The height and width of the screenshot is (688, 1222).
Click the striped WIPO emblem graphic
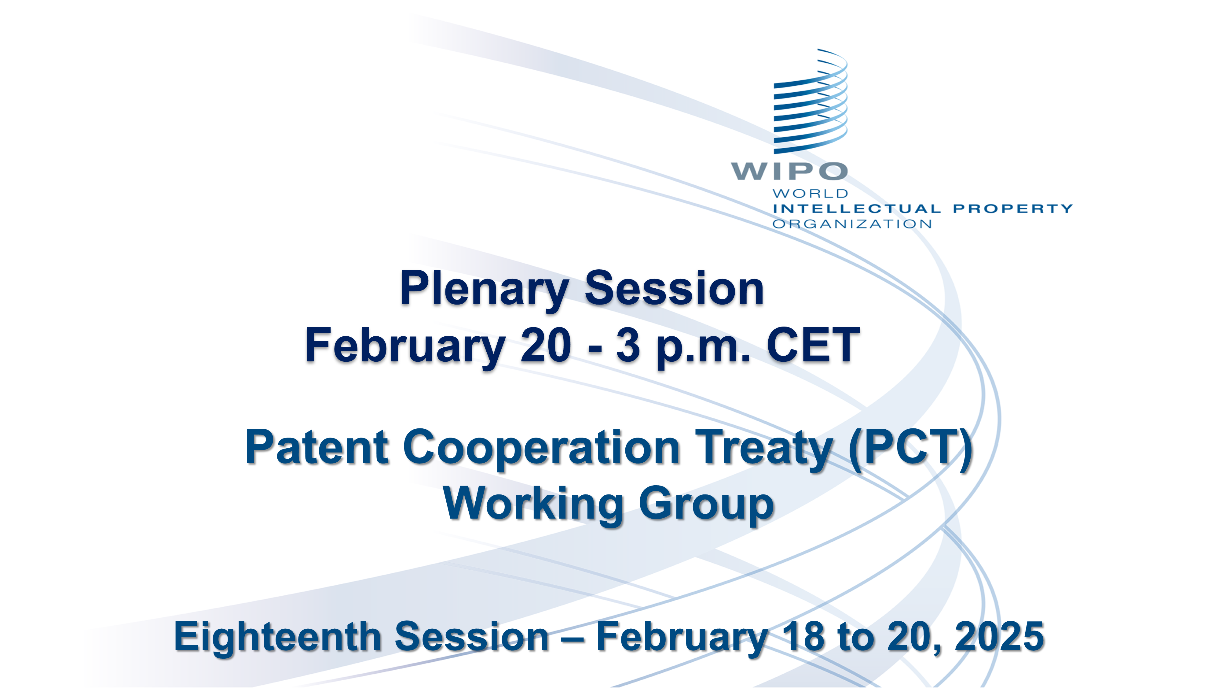(810, 102)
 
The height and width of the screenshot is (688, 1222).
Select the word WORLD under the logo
(810, 194)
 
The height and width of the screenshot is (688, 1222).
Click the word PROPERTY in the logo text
(1013, 209)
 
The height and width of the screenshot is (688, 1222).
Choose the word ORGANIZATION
(852, 224)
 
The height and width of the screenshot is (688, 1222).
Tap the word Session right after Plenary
(674, 288)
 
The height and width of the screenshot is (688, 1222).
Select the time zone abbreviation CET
(813, 345)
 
